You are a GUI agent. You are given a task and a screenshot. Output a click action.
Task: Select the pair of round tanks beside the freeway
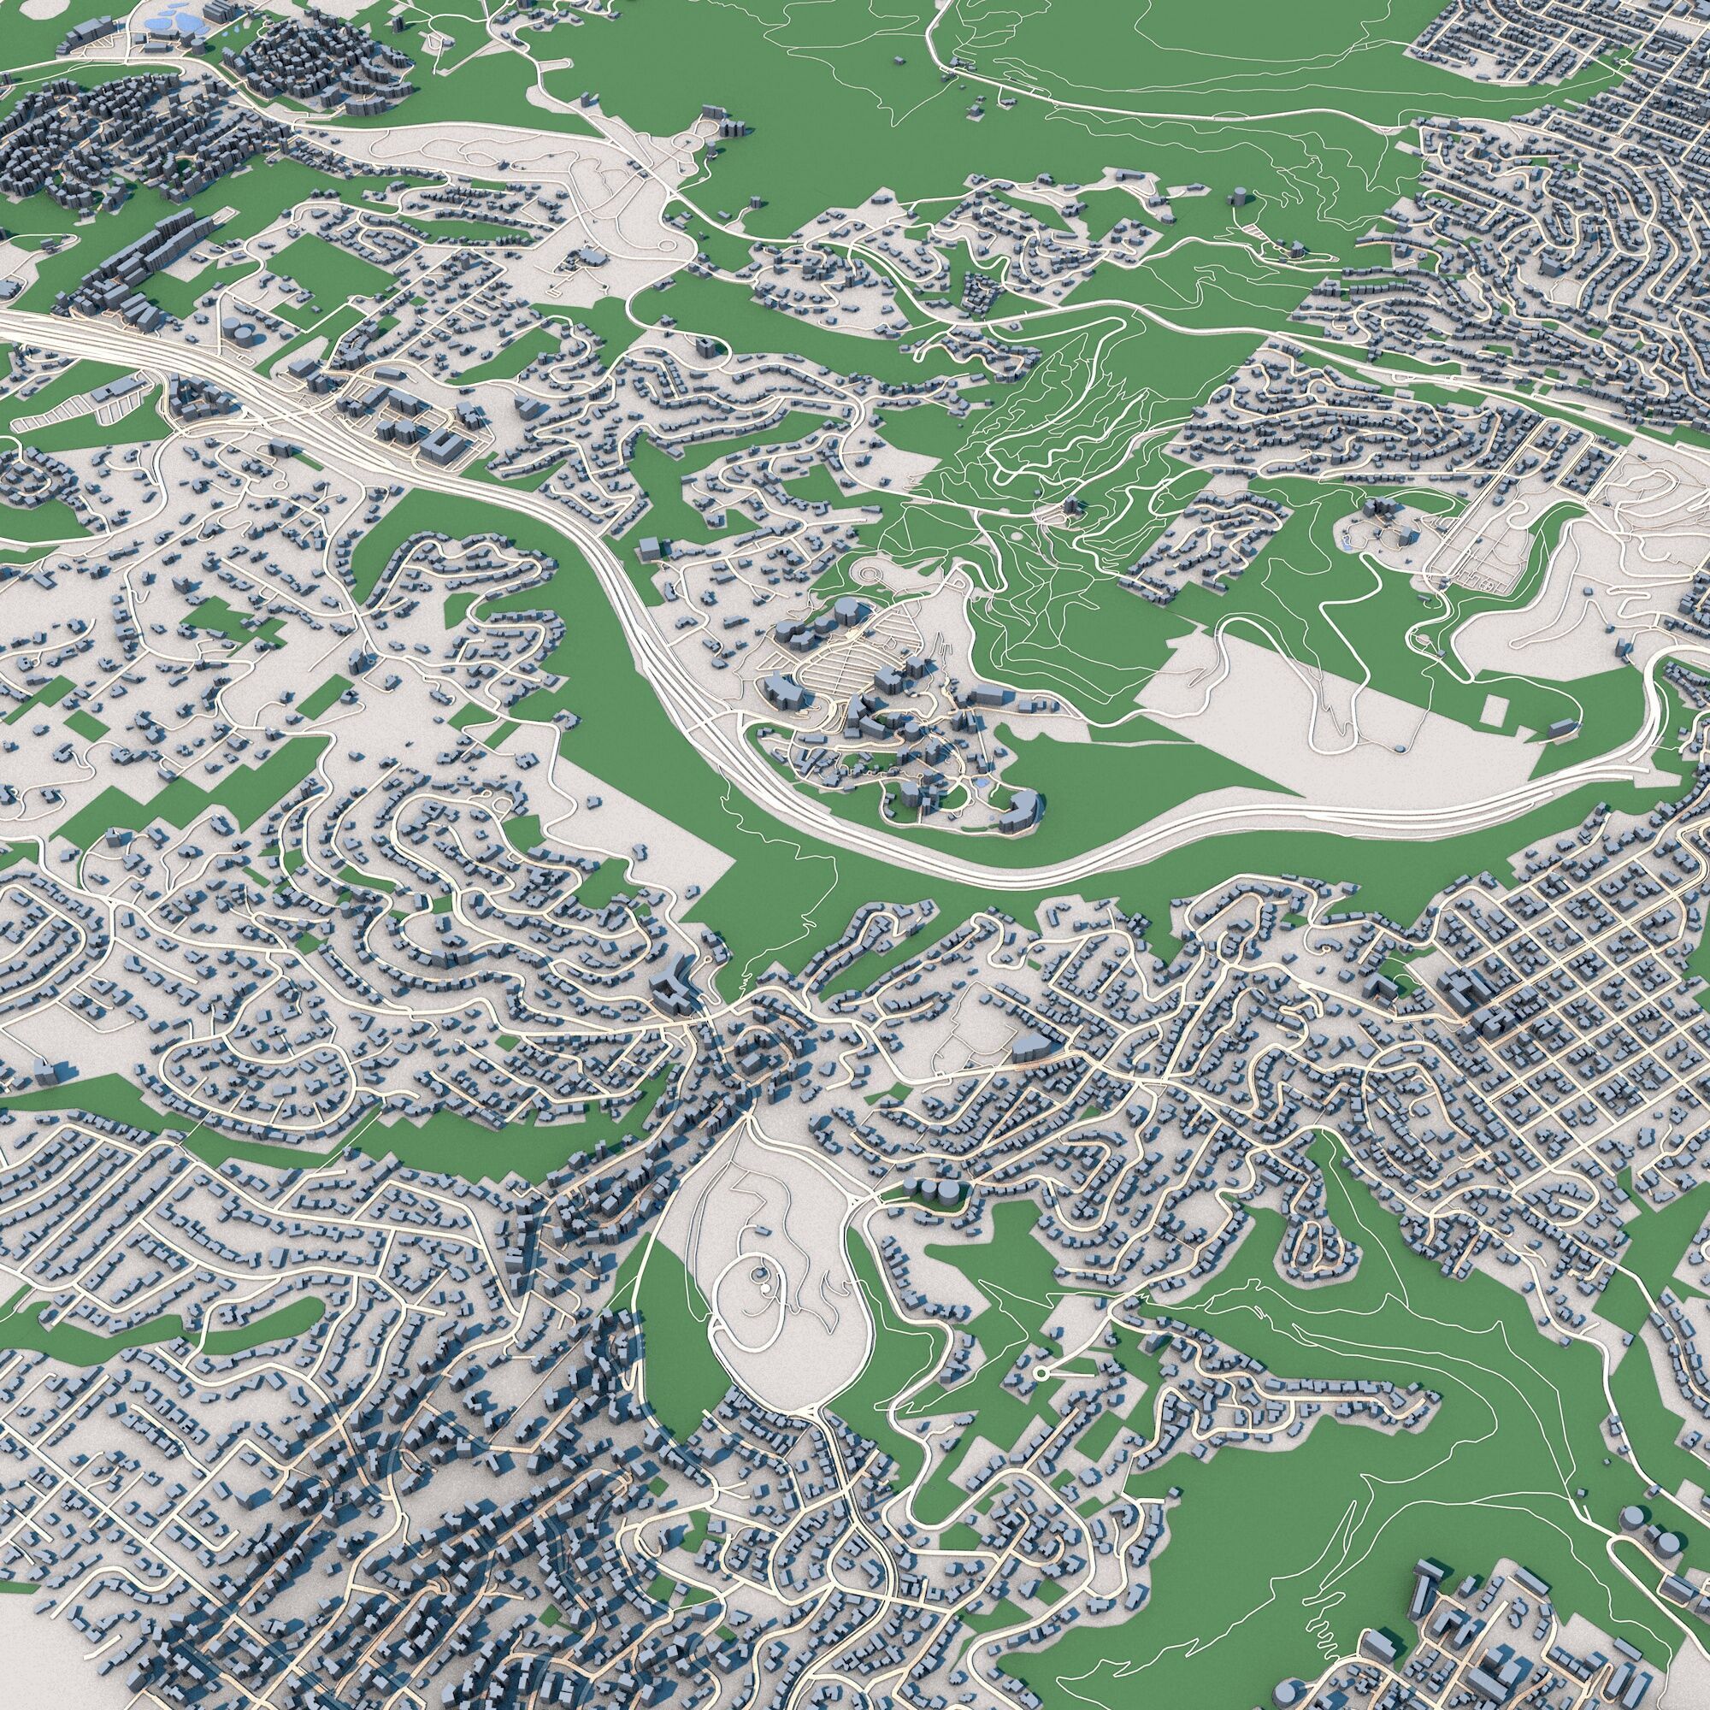coord(235,329)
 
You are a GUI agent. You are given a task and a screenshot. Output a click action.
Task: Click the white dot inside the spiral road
coord(758,1272)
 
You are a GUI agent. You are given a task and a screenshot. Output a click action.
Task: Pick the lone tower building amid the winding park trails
coord(1073,507)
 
